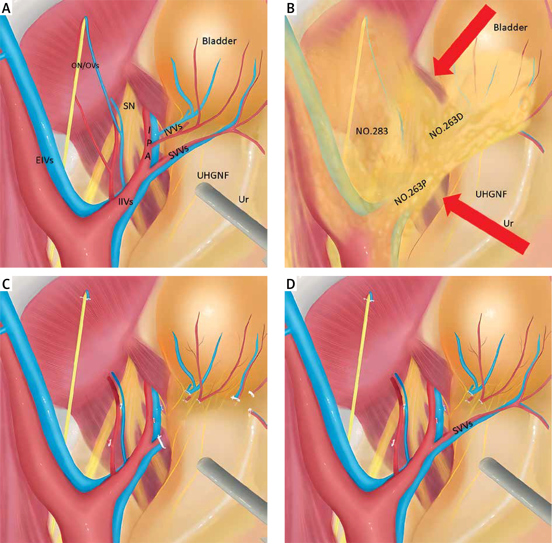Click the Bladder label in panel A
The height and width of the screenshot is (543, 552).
click(219, 41)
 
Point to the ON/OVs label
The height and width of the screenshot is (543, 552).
click(85, 66)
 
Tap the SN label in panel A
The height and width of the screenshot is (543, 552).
click(129, 106)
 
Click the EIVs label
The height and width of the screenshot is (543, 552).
click(45, 160)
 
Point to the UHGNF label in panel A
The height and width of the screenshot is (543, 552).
click(213, 176)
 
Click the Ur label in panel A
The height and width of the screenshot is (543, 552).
click(243, 199)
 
